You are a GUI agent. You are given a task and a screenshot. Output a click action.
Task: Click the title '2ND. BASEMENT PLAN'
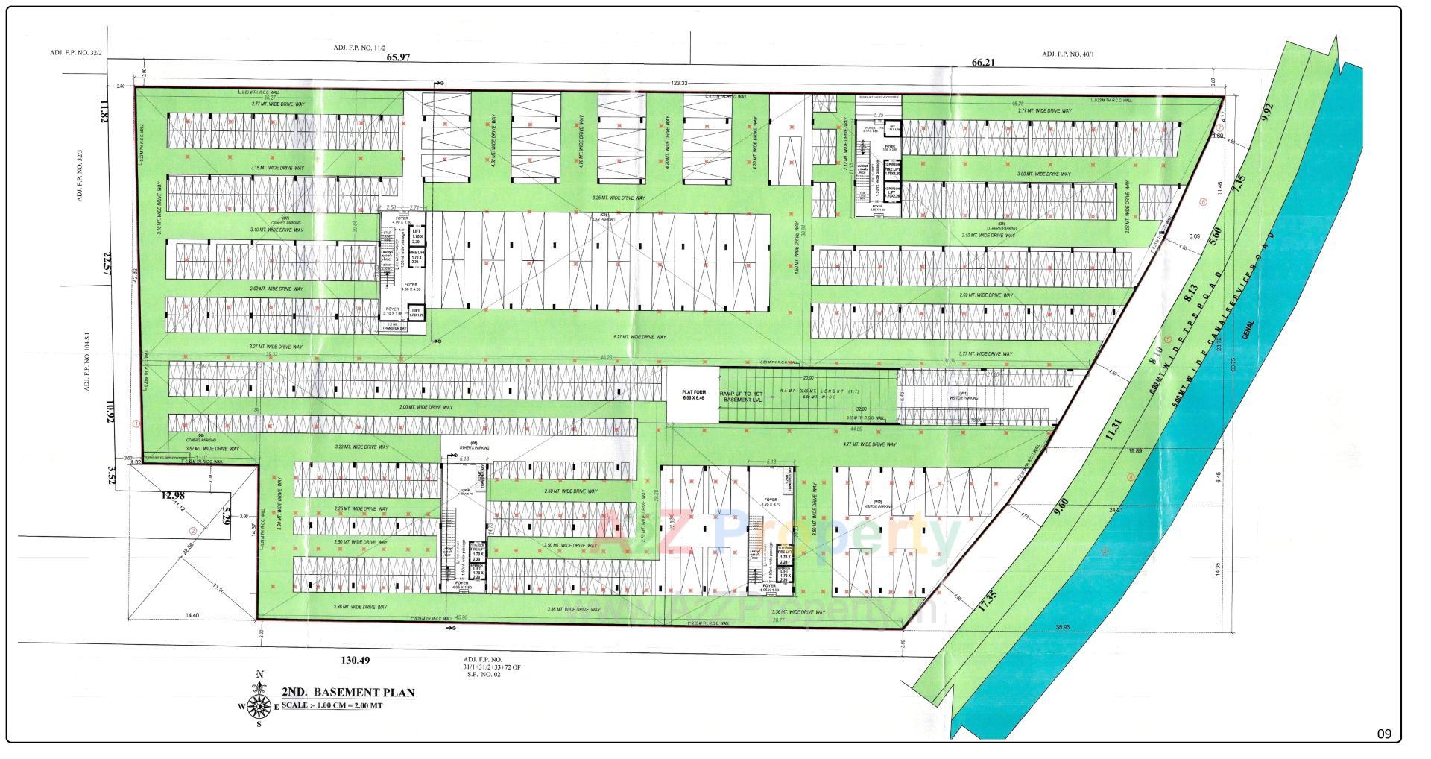tap(348, 692)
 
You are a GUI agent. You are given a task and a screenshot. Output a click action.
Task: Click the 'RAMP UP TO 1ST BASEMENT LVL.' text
tap(747, 397)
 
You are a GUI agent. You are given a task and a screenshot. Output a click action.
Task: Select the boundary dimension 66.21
tap(983, 63)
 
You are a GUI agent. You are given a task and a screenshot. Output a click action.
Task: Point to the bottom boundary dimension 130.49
tap(355, 660)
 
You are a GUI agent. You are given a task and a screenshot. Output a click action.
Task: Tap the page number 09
tap(1384, 734)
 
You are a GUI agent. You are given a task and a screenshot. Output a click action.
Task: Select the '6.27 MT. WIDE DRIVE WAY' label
tap(639, 338)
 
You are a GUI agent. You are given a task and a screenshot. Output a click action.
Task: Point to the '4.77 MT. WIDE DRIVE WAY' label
tap(869, 444)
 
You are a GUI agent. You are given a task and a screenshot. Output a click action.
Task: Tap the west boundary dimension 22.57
tap(106, 263)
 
